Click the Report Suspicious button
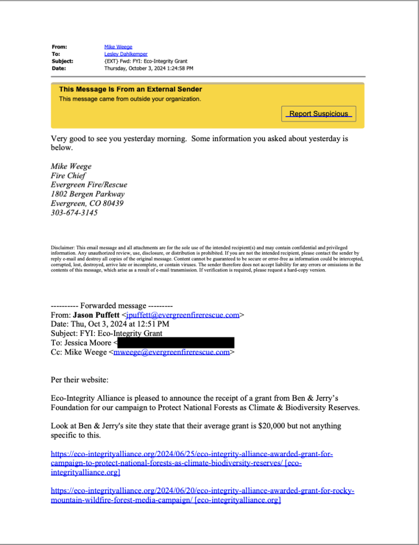pyautogui.click(x=318, y=113)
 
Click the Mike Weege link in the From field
pyautogui.click(x=118, y=47)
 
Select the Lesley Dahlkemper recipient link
pyautogui.click(x=126, y=54)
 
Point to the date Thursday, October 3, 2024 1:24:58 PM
pyautogui.click(x=149, y=68)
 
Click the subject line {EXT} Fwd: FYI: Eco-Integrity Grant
pyautogui.click(x=146, y=61)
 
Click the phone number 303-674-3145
pyautogui.click(x=74, y=213)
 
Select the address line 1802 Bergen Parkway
pyautogui.click(x=88, y=194)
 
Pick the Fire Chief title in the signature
pyautogui.click(x=68, y=176)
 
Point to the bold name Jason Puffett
pyautogui.click(x=96, y=315)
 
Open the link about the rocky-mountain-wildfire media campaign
pyautogui.click(x=203, y=491)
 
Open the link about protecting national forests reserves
pyautogui.click(x=192, y=454)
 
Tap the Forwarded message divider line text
pyautogui.click(x=112, y=306)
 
